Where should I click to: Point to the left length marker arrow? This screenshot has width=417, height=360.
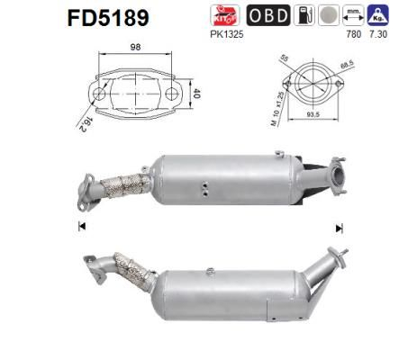[82, 226]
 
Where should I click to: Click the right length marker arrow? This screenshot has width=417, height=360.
[339, 228]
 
